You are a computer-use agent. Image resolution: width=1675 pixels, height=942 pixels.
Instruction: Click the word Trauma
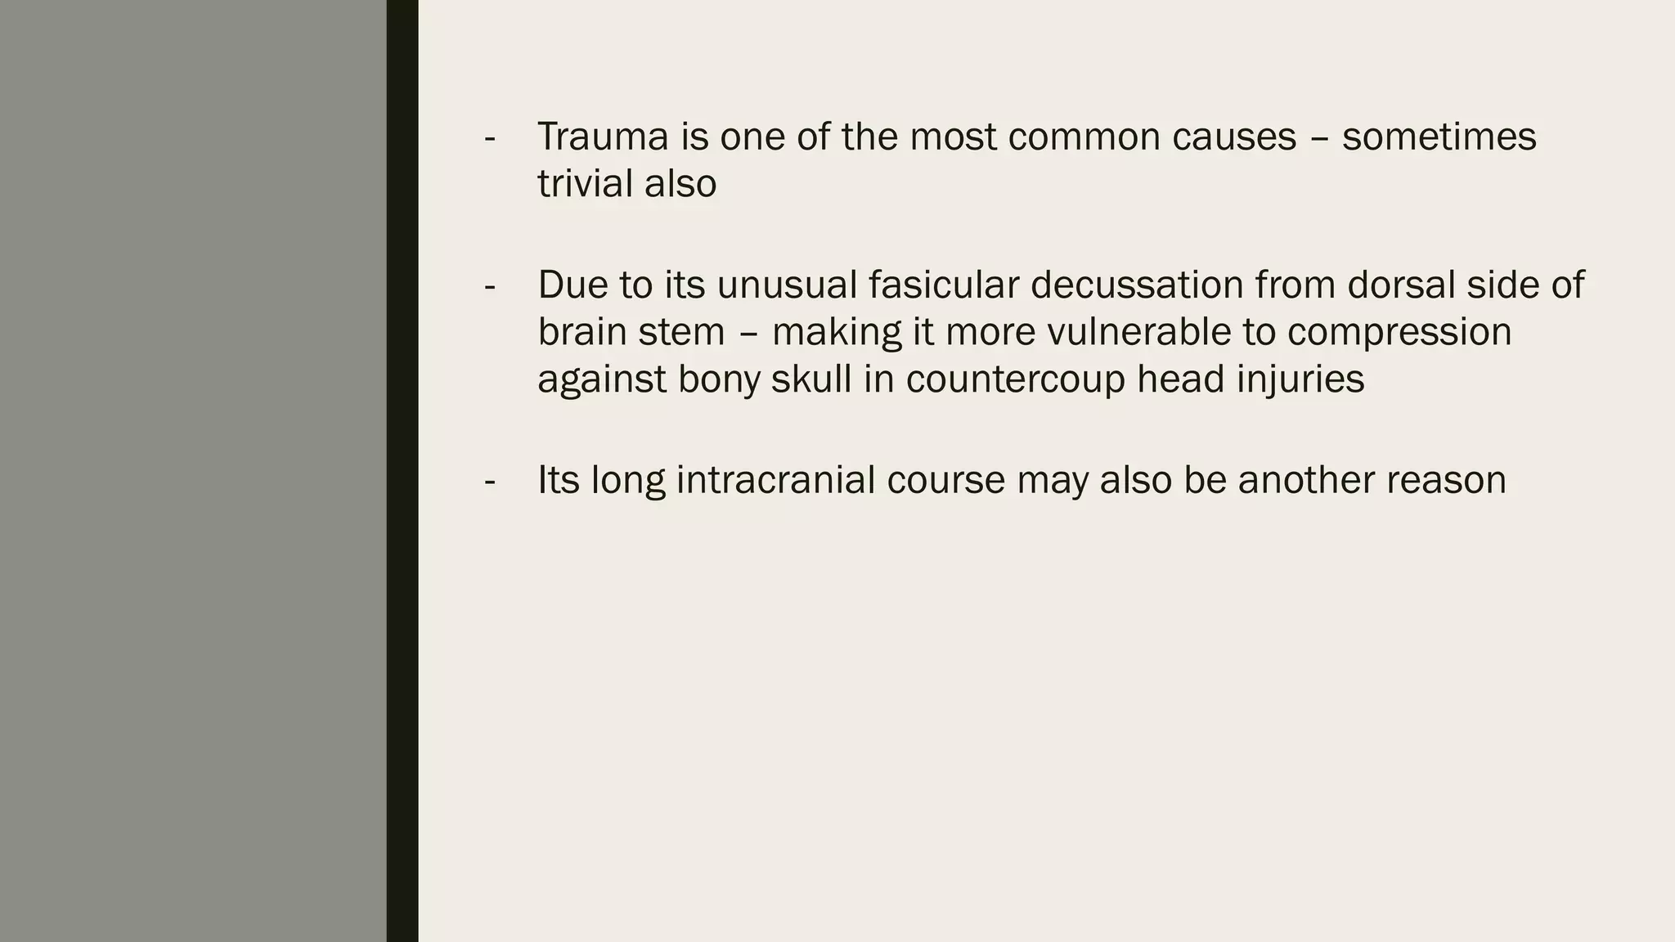point(602,137)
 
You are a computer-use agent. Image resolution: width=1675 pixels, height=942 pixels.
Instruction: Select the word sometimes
point(1439,137)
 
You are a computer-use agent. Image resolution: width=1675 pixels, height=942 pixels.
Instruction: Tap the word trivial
point(584,183)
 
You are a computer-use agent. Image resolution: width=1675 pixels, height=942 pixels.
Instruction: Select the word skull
point(811,379)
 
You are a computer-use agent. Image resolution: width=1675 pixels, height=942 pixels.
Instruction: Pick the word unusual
point(787,285)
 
